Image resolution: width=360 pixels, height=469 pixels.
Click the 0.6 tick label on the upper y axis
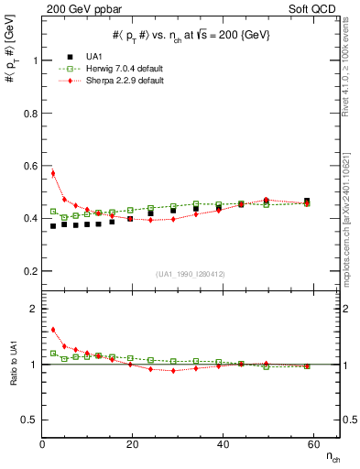pos(29,166)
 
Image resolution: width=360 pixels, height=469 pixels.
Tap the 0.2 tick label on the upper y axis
pos(29,271)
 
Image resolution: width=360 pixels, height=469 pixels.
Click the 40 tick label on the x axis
pos(223,444)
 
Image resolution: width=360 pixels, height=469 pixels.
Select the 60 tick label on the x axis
pos(312,444)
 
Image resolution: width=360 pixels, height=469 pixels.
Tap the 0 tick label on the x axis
pos(43,444)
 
